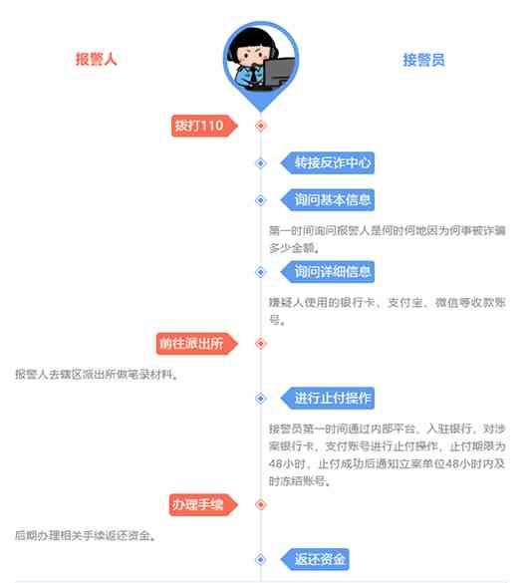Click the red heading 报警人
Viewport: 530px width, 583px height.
(97, 59)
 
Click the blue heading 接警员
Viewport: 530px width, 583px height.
(424, 60)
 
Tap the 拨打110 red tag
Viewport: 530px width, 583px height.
(204, 126)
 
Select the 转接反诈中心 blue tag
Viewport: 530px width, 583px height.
(328, 162)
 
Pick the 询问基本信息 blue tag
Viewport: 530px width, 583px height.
(328, 200)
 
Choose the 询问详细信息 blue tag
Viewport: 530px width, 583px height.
(328, 272)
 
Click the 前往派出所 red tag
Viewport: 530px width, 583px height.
(196, 344)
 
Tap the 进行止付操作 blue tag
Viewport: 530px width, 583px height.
(328, 399)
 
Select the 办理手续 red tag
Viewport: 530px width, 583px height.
(203, 504)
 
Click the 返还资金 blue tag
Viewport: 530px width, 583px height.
(315, 559)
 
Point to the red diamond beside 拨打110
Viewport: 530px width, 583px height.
(261, 126)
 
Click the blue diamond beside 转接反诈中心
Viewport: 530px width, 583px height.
(261, 162)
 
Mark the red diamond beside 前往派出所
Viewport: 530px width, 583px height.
(261, 344)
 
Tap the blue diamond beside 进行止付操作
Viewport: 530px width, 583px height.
(261, 399)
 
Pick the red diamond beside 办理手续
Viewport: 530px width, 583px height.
(261, 504)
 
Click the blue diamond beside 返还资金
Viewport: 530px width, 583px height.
(261, 559)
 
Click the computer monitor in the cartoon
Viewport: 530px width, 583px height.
(279, 73)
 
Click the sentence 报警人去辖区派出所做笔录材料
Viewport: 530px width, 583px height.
(97, 375)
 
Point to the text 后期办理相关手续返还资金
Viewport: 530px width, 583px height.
(85, 536)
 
